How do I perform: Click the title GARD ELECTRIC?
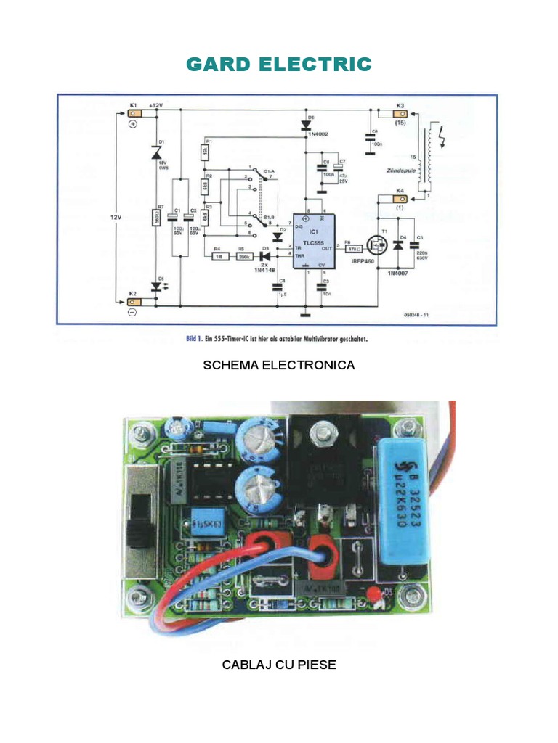[x=279, y=65]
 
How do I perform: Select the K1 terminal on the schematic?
[x=134, y=114]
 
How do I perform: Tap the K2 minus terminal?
[x=134, y=300]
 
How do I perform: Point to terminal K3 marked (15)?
[x=400, y=114]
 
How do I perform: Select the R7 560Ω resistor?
[x=156, y=217]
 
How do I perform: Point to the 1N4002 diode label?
[x=319, y=136]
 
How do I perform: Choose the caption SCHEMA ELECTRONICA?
[x=279, y=365]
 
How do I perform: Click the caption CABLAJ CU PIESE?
[x=279, y=664]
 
